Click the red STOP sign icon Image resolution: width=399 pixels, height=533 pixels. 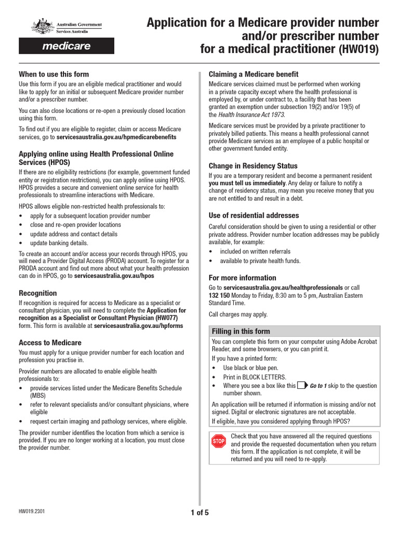218,441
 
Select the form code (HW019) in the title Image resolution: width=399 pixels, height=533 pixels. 359,50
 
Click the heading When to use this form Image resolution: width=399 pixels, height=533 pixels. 54,74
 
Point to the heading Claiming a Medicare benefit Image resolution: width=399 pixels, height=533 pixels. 253,74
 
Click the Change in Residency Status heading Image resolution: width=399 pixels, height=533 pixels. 253,166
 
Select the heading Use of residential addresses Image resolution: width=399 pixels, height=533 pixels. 254,215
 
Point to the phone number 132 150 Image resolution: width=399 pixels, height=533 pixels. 219,295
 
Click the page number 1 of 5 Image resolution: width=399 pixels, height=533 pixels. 199,513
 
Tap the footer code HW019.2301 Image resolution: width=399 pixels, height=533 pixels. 32,512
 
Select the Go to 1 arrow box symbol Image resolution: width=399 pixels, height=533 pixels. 302,386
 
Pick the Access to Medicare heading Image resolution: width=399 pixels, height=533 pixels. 50,342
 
